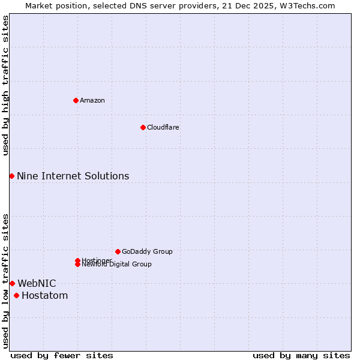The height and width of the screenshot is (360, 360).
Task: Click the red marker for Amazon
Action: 76,100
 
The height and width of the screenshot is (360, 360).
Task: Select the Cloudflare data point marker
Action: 143,127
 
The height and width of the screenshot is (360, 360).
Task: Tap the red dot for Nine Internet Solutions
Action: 11,176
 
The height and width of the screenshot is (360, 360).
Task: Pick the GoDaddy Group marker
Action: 118,251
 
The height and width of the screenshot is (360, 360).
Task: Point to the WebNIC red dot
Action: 12,283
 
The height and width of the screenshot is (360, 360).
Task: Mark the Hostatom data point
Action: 16,295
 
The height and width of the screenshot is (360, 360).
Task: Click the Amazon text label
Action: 92,100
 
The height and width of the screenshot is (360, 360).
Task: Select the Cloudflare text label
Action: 163,127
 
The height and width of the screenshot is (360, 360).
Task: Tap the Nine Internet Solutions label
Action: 73,176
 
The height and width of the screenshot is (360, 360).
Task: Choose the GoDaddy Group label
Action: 147,251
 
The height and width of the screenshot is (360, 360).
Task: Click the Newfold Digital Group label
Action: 117,265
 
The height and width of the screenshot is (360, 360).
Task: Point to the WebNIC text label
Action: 37,283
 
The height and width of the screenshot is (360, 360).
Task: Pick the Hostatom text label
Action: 44,295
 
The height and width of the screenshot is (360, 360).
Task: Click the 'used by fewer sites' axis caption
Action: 62,355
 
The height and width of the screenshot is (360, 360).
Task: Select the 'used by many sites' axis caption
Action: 301,355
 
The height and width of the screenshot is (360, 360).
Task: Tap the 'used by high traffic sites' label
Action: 5,85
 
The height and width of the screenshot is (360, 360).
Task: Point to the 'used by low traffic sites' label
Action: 5,281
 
